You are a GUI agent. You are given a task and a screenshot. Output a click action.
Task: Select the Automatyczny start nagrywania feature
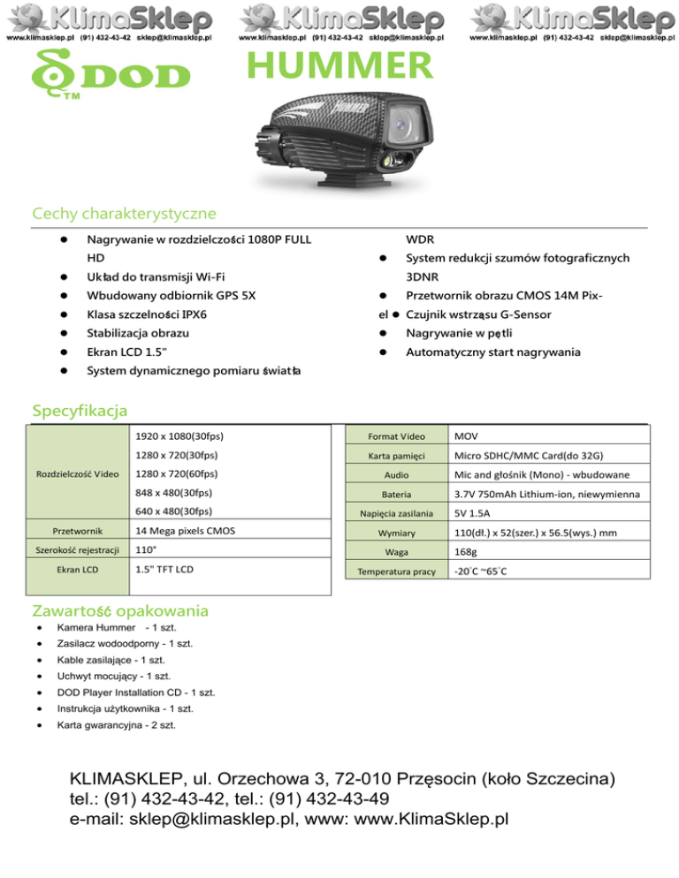pos(493,352)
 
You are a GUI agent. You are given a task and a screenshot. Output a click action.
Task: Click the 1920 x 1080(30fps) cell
pos(179,436)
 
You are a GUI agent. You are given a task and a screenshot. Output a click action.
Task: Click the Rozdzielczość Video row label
pos(77,473)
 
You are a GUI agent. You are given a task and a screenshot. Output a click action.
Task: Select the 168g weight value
pos(466,551)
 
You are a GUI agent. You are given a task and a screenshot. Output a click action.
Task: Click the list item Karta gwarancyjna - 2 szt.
pos(115,725)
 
